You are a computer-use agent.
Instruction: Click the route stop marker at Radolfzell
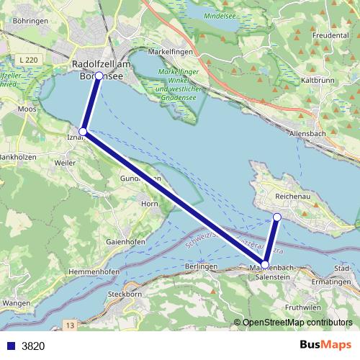click(x=99, y=76)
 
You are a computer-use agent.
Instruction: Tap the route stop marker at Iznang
click(x=84, y=132)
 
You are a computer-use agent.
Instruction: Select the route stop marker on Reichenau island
click(x=277, y=217)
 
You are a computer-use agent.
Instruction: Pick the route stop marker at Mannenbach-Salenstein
click(x=266, y=265)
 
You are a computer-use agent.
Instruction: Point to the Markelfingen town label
click(x=171, y=53)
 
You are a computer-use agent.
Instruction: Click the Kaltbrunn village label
click(x=318, y=80)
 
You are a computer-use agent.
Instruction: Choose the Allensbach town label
click(x=307, y=133)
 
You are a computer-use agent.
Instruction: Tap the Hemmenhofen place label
click(x=94, y=271)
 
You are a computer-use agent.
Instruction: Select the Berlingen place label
click(x=200, y=266)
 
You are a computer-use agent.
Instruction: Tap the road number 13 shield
click(x=70, y=326)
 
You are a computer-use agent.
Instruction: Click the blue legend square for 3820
click(x=9, y=346)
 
